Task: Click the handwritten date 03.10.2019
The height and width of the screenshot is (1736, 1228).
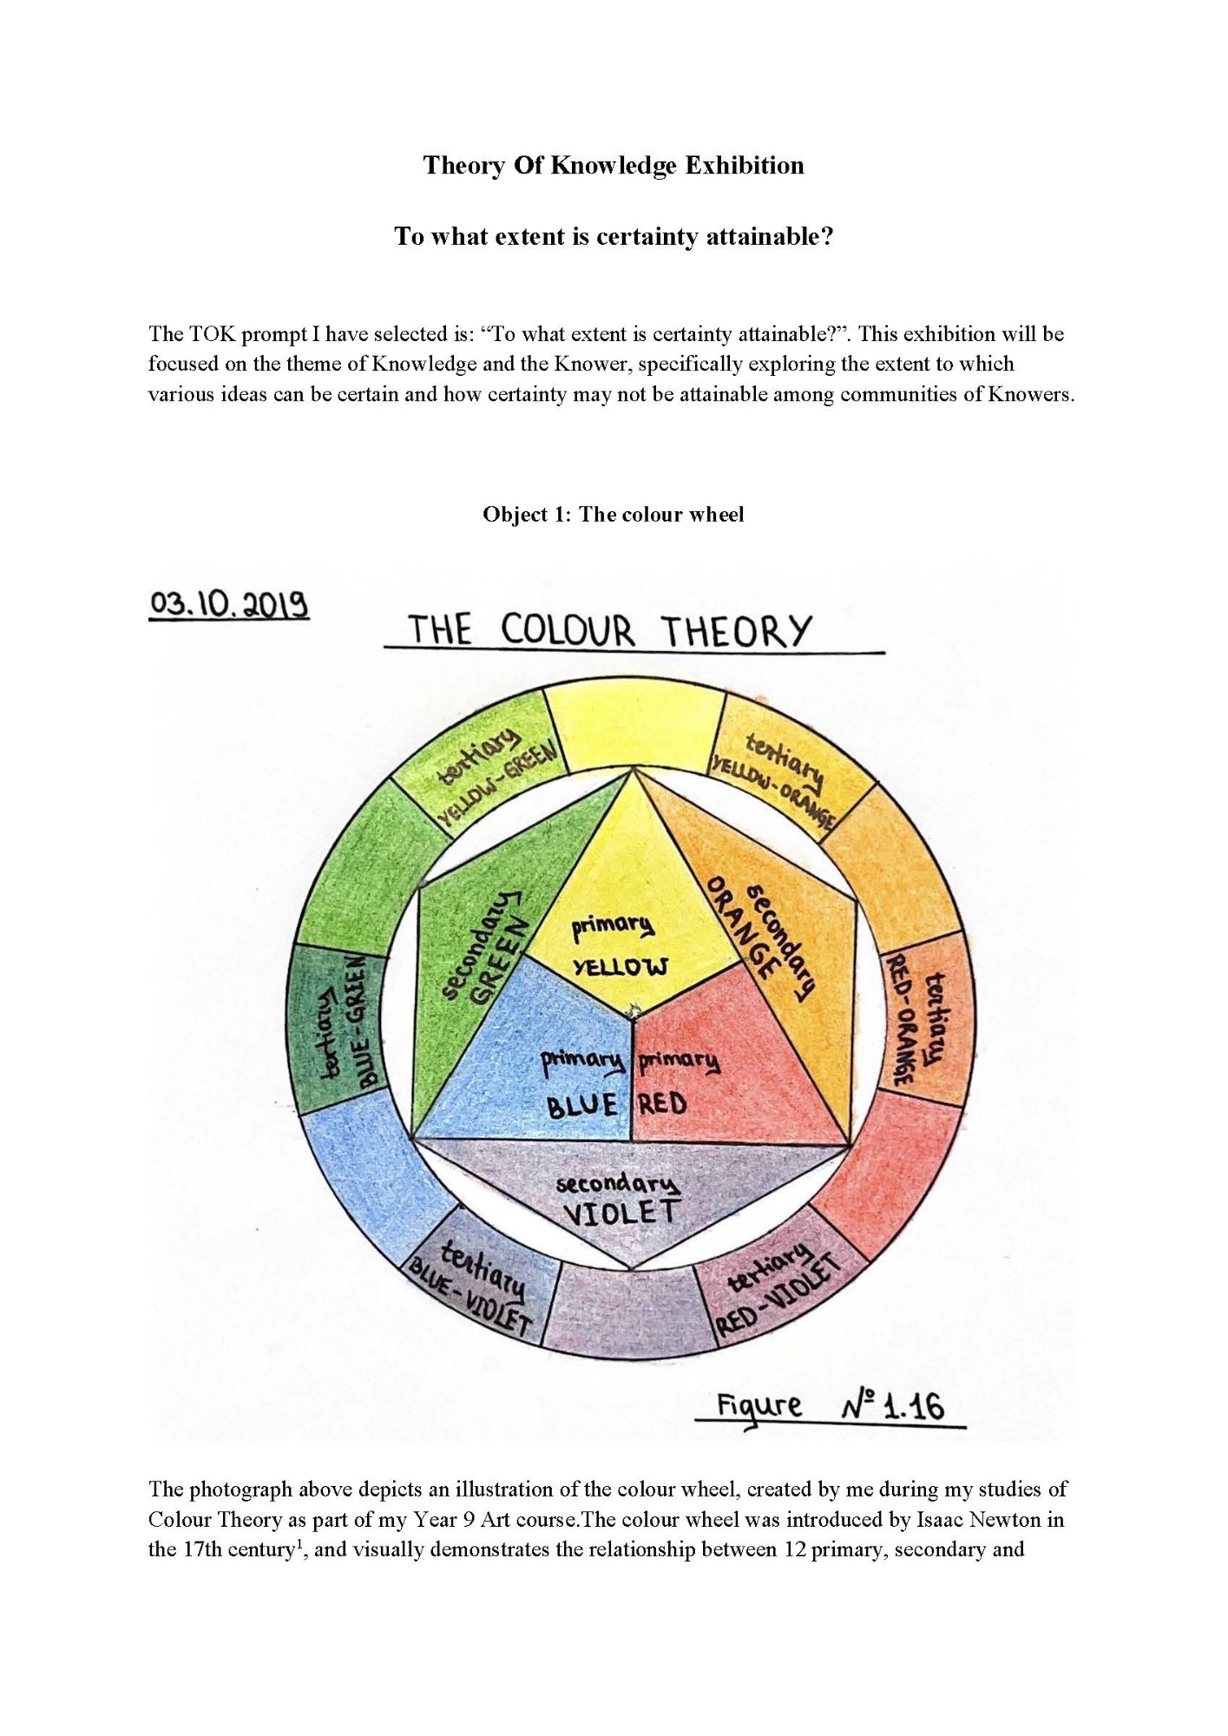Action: click(x=229, y=604)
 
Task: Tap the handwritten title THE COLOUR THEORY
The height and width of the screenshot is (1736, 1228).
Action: click(x=609, y=631)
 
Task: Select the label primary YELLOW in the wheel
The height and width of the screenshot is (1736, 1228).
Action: click(x=619, y=946)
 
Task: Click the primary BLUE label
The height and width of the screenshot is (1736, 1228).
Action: click(x=581, y=1083)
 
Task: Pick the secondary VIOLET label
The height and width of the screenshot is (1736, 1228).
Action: click(x=618, y=1200)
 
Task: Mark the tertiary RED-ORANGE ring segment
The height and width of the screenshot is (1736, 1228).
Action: click(x=920, y=1020)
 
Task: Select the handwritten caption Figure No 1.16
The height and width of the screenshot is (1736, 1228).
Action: click(x=830, y=1406)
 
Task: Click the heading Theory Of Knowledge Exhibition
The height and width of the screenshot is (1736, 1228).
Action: click(x=614, y=165)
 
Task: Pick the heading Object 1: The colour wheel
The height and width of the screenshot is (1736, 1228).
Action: click(x=614, y=515)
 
